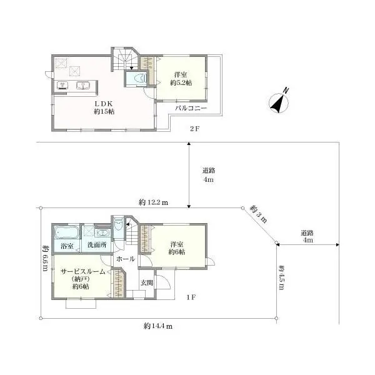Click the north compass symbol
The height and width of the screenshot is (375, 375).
point(279,102)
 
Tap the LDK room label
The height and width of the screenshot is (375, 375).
point(104,107)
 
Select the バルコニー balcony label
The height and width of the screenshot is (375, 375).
point(191,108)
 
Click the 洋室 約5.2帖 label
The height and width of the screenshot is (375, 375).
point(181,79)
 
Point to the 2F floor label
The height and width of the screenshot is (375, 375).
point(194,129)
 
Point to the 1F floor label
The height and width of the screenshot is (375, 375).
point(191,297)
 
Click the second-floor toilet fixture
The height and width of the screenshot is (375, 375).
point(140,79)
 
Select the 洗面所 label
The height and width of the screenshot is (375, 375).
point(97,245)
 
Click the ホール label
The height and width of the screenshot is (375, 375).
point(126,259)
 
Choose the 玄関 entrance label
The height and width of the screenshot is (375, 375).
point(146,282)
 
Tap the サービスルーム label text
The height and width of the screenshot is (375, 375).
point(82,272)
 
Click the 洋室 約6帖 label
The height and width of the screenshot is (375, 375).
point(177,248)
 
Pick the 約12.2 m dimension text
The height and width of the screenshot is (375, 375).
point(153,202)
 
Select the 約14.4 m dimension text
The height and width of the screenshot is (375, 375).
point(158,326)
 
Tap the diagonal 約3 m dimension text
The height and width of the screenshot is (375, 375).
point(258,214)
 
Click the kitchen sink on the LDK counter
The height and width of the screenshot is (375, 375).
point(83,86)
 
